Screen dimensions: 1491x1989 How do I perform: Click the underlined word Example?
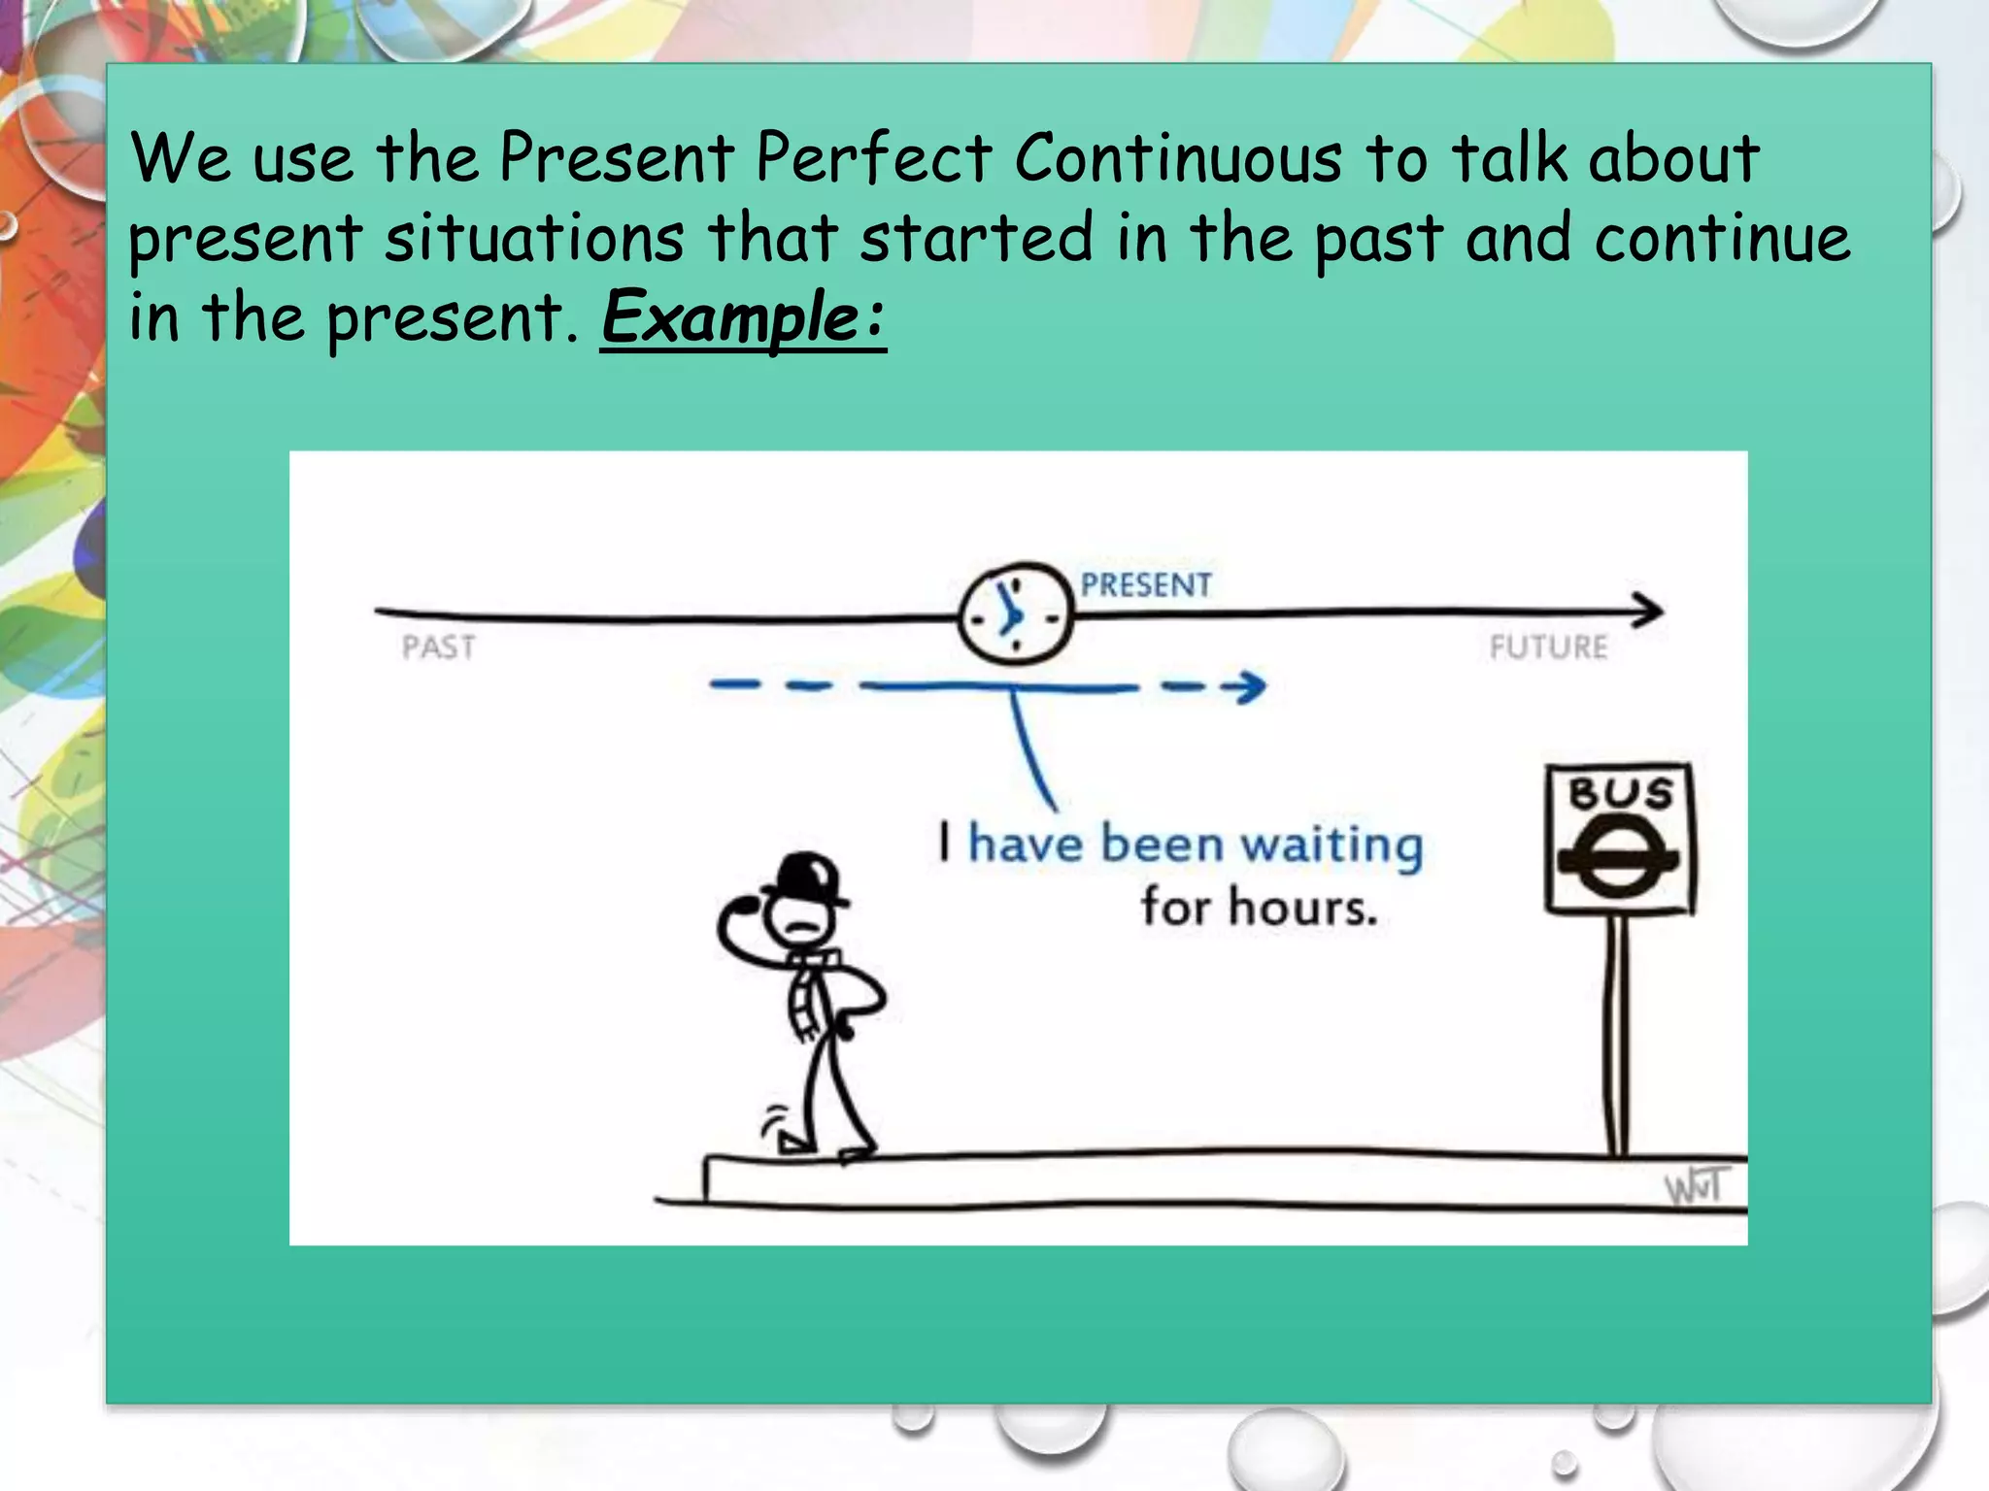coord(743,316)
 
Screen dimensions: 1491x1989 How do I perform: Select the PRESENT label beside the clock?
coord(1146,584)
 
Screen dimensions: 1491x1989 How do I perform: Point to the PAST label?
coord(439,646)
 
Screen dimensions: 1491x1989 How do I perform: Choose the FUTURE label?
coord(1548,646)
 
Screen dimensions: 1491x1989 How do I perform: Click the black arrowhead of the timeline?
coord(1649,611)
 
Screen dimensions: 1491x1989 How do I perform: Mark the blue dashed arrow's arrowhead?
coord(1247,686)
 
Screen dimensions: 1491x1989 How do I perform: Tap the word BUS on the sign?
coord(1620,794)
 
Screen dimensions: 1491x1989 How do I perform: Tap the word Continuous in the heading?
coord(1177,157)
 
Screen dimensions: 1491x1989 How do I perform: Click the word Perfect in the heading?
coord(873,157)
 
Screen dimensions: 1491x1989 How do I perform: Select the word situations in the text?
coord(534,238)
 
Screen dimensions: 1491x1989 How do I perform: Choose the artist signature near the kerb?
coord(1696,1186)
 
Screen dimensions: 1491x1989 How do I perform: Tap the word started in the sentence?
coord(976,238)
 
